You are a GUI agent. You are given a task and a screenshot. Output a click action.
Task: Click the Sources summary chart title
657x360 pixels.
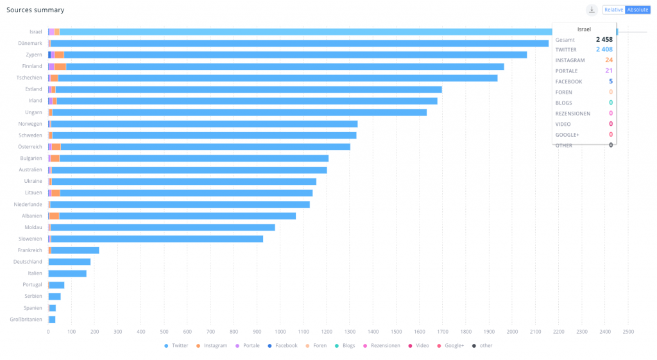(x=35, y=10)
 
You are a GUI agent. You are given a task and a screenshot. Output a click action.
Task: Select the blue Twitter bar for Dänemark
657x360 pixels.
(x=295, y=43)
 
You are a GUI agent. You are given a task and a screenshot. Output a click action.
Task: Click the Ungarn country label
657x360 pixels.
(x=33, y=112)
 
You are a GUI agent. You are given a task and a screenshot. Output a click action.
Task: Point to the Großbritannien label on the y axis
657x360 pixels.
(x=26, y=320)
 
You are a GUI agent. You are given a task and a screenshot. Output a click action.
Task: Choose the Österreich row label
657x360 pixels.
(x=30, y=147)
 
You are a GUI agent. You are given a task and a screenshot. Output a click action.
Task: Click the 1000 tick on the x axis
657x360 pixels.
(x=280, y=332)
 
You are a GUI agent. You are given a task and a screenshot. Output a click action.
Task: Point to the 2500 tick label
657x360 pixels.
(x=628, y=332)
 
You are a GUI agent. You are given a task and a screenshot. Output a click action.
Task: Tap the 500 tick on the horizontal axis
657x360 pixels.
(x=164, y=332)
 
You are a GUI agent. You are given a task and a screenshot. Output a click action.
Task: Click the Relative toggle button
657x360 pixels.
(x=613, y=10)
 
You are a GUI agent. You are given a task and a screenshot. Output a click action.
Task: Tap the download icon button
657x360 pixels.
(x=592, y=10)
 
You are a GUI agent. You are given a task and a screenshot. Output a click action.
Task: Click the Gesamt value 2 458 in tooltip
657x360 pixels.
(x=604, y=39)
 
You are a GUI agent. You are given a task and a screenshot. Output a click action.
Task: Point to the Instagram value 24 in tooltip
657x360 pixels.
(x=609, y=60)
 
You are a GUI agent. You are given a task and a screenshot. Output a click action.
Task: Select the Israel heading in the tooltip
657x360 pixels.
(x=584, y=29)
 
